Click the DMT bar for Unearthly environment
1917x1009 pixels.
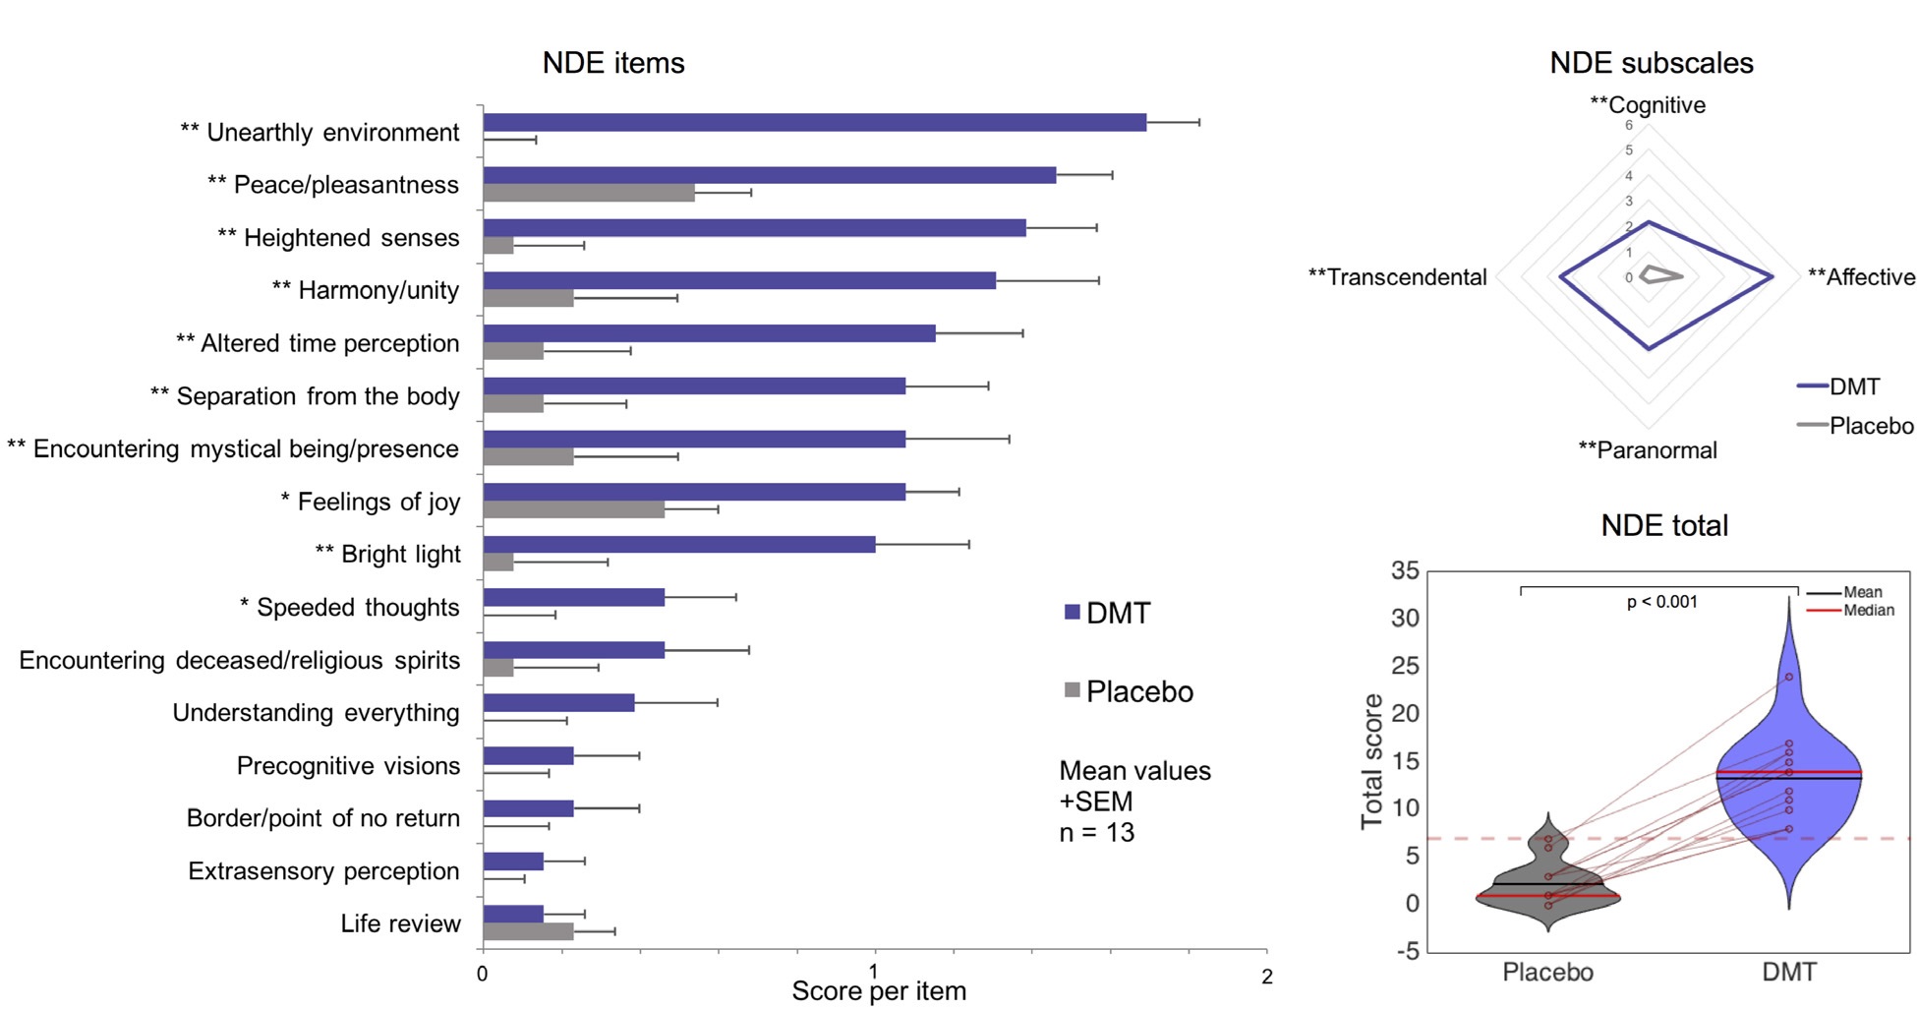click(x=814, y=123)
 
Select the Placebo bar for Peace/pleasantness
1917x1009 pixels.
click(x=588, y=193)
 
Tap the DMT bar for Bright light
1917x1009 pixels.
click(x=678, y=545)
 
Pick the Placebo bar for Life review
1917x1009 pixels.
click(x=528, y=931)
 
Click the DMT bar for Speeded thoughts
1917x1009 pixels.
click(x=573, y=598)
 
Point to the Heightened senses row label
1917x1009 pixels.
click(x=338, y=238)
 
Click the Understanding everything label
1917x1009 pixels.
click(x=316, y=713)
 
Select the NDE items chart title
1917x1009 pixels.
click(x=613, y=63)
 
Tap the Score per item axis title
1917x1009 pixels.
click(x=879, y=991)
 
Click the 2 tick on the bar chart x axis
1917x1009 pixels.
click(x=1266, y=977)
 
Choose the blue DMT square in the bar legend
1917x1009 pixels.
click(x=1073, y=613)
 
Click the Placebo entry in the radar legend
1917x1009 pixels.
click(x=1870, y=426)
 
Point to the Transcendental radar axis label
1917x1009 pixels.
click(x=1397, y=277)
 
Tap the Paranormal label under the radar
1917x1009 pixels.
click(x=1648, y=450)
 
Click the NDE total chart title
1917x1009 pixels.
click(x=1664, y=525)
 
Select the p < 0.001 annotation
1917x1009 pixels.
click(x=1661, y=602)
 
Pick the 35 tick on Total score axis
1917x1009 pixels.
click(x=1405, y=571)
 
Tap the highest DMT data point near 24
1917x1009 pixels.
click(x=1789, y=677)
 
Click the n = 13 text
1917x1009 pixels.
click(x=1096, y=833)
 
